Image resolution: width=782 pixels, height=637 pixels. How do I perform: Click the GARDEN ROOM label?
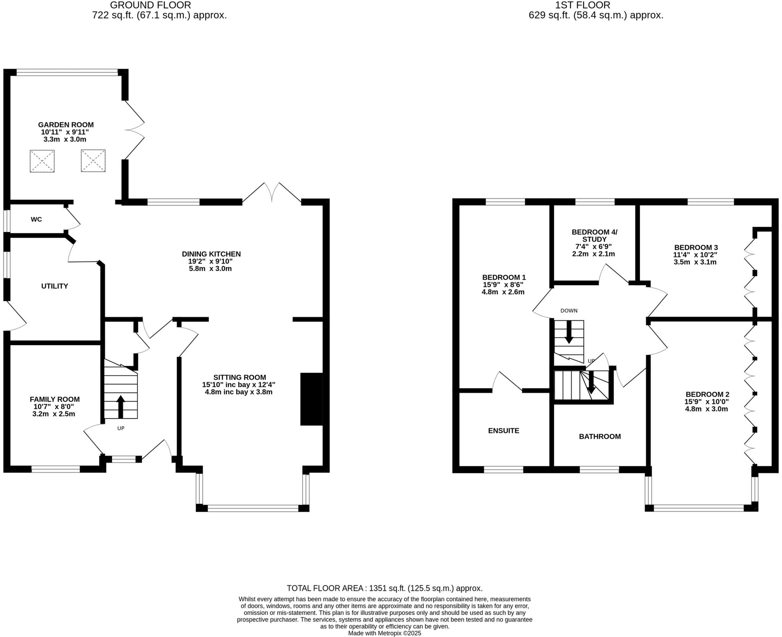tap(66, 124)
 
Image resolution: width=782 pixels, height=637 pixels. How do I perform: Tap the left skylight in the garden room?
tap(42, 161)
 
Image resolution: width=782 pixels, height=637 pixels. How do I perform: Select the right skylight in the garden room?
tap(93, 160)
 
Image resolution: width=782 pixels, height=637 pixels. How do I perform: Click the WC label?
tap(36, 220)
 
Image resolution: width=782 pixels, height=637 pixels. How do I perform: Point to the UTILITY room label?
tap(55, 286)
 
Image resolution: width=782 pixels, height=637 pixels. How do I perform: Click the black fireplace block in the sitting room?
tap(312, 399)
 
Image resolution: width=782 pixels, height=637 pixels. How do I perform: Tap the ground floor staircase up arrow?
tap(121, 406)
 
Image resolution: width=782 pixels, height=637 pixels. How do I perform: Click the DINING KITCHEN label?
tap(211, 254)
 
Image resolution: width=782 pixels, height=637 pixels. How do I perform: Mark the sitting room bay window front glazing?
tap(253, 508)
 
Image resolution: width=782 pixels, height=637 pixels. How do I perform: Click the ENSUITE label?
tap(503, 431)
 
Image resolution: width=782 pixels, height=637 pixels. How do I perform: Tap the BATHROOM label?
tap(599, 437)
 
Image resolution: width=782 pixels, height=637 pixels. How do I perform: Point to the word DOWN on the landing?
tap(569, 310)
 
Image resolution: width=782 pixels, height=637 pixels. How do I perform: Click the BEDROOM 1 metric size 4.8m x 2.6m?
tap(503, 292)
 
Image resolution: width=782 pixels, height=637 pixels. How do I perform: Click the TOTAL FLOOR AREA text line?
tap(385, 588)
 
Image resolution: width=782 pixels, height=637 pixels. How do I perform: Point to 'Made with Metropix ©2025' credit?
tap(385, 633)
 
